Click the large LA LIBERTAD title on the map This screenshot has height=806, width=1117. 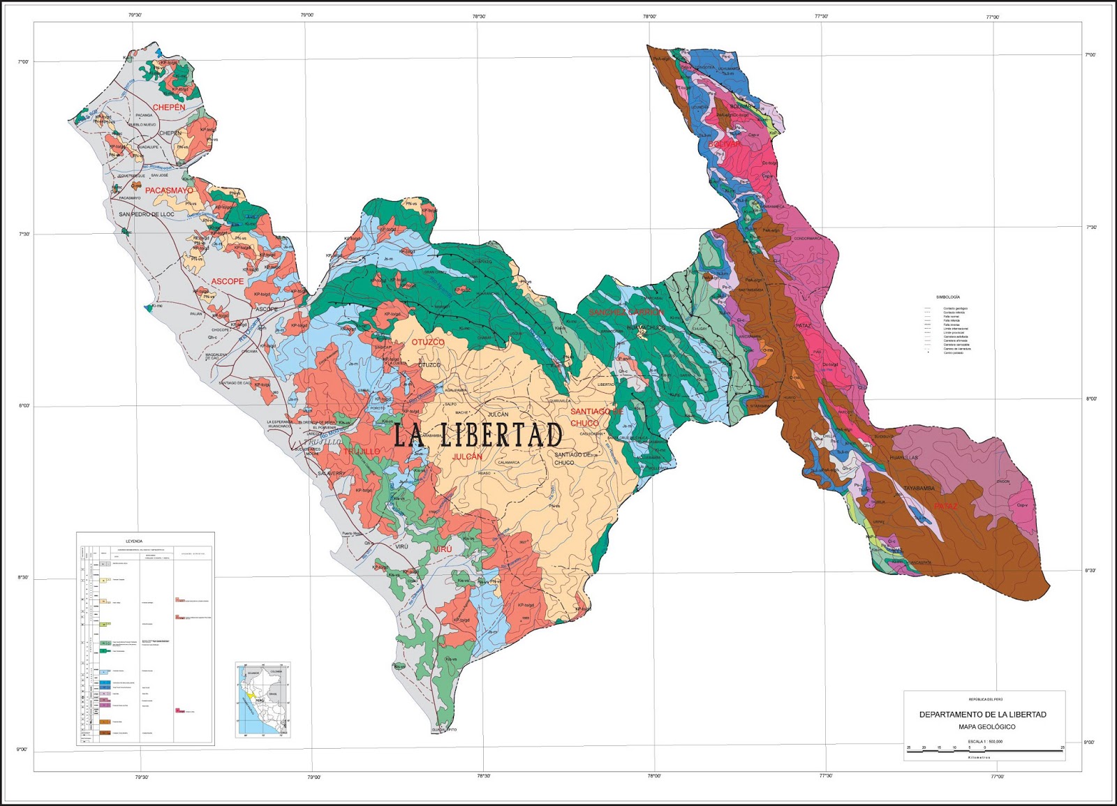coord(478,435)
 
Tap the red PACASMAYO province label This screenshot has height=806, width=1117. coord(169,191)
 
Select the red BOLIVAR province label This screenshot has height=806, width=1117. coord(725,144)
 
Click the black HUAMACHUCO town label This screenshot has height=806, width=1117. coord(646,327)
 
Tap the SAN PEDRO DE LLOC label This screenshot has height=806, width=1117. coord(147,214)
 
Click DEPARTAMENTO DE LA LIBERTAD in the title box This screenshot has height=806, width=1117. coord(982,715)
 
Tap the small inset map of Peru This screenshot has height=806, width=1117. coord(262,700)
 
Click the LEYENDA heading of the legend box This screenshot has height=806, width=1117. coord(134,541)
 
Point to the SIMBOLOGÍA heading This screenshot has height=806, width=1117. coord(947,297)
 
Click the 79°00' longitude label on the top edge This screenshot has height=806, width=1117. coord(306,15)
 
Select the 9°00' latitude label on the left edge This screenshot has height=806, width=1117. coord(22,749)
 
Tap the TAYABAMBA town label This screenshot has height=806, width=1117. coord(919,488)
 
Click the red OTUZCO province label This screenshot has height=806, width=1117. coord(428,343)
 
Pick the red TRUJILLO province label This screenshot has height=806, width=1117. coord(362,451)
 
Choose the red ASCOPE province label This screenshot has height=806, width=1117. coord(228,281)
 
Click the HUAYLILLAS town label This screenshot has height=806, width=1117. coord(904,458)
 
